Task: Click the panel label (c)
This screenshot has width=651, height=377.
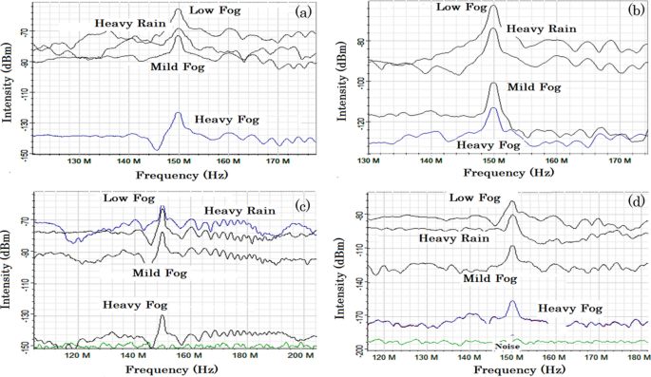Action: (303, 205)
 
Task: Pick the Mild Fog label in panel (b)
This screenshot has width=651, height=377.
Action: (534, 87)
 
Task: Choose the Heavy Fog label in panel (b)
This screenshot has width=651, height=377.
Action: (488, 145)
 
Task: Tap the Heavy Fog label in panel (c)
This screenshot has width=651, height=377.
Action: (135, 305)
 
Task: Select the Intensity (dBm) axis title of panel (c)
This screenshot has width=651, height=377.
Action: (10, 275)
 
